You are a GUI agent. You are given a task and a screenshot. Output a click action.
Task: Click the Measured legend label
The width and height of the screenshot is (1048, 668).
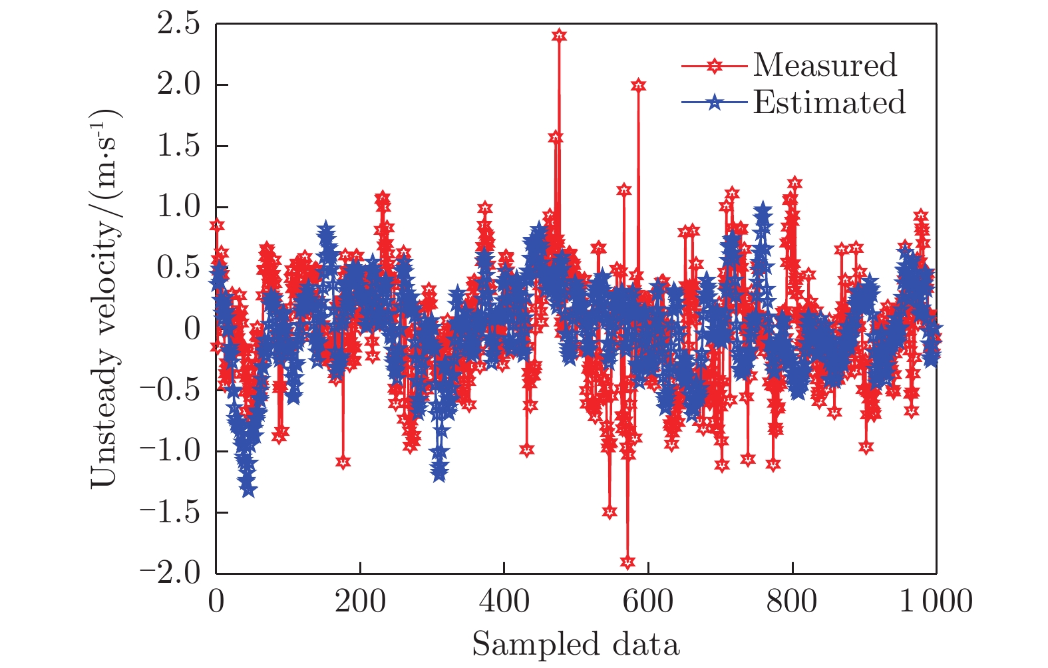825,65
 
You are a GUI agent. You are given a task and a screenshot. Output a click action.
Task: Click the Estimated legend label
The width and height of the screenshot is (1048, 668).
829,102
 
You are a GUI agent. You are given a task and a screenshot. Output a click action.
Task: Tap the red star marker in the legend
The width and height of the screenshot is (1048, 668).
714,65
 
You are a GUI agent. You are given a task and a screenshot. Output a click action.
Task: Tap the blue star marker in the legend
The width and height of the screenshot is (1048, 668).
714,103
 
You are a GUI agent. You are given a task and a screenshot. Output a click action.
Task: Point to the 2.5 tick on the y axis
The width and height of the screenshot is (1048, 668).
178,24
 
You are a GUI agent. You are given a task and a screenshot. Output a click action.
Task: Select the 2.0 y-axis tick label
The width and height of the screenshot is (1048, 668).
178,85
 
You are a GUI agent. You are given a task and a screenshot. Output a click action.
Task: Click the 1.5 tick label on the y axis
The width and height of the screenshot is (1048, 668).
178,146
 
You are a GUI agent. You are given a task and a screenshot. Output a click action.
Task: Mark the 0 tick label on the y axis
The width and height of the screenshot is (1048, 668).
192,329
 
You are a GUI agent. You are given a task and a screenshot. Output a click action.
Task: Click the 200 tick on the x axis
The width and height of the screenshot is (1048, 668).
360,601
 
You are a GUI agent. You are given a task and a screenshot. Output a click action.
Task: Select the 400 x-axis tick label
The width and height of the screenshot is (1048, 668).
504,601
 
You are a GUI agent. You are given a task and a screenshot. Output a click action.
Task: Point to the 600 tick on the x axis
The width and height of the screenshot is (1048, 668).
647,601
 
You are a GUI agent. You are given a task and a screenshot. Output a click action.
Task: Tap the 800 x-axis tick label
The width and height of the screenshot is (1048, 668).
792,601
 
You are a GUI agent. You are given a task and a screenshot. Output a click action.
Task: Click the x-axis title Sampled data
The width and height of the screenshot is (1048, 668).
576,645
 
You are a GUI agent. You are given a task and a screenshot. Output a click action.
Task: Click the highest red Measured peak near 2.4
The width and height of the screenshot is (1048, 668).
559,35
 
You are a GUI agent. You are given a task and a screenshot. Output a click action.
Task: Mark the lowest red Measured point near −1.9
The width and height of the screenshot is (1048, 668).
627,562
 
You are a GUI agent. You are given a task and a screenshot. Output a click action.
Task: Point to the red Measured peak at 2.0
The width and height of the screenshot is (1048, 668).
639,85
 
